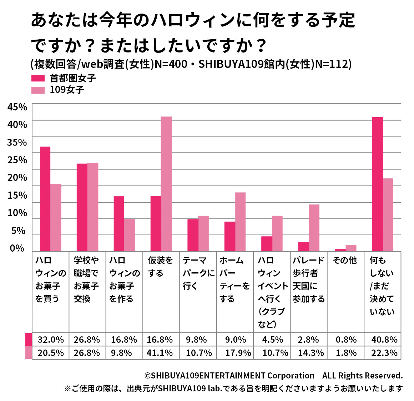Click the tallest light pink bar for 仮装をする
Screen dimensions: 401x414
(166, 184)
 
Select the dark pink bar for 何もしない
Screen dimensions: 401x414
(377, 184)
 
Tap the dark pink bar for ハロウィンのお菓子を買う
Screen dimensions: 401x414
(45, 199)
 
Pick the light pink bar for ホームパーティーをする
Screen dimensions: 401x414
(240, 222)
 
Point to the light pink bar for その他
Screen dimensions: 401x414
(351, 248)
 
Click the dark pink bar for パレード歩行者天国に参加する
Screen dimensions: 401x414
(303, 247)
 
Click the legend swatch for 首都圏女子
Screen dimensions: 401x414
(38, 78)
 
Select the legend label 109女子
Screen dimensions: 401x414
(67, 90)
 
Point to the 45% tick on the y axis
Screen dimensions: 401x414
(17, 107)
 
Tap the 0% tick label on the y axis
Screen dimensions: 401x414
(17, 248)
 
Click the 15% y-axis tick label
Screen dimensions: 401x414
(17, 195)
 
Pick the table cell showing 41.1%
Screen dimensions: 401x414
(160, 353)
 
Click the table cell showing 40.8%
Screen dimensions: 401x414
(384, 340)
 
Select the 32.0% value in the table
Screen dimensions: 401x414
(51, 340)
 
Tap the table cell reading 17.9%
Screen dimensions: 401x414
(238, 353)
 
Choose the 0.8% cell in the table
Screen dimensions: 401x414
(346, 340)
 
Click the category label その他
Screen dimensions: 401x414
(345, 261)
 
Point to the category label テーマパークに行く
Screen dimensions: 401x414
(198, 273)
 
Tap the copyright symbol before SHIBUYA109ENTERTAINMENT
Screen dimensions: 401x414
(147, 376)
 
